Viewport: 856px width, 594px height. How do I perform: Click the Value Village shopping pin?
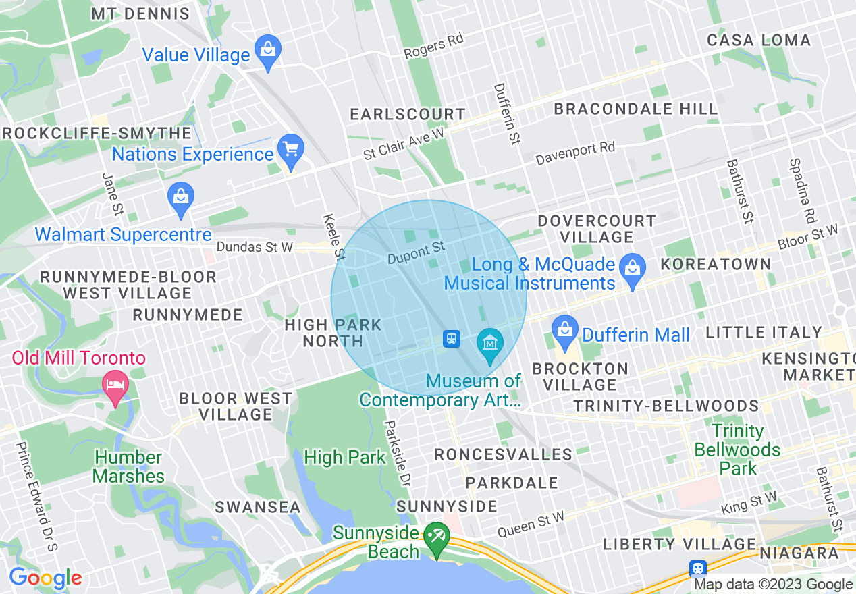tap(268, 51)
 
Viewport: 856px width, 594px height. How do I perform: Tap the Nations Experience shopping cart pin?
tap(291, 151)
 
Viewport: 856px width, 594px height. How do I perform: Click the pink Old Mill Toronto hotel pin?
tap(115, 386)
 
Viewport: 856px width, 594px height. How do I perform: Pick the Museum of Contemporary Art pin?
tap(490, 344)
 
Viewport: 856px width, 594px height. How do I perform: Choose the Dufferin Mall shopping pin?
tap(565, 331)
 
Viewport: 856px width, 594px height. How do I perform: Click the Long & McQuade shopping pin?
tap(633, 269)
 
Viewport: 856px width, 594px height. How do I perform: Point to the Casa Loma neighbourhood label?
tap(759, 40)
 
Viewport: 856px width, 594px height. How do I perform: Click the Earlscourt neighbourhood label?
tap(408, 115)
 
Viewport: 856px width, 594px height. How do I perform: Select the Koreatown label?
tap(716, 264)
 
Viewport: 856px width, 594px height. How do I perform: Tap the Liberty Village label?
tap(679, 544)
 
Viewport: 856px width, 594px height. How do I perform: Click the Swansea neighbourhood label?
tap(258, 507)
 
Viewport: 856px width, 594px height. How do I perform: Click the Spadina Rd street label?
tap(803, 192)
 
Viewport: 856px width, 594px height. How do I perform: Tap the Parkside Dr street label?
tap(398, 453)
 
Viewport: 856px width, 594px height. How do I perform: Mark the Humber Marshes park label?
tap(128, 466)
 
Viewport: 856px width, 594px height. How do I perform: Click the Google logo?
tap(45, 578)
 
